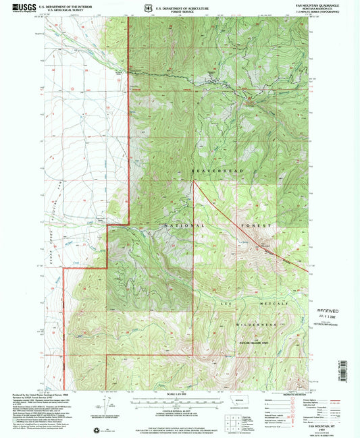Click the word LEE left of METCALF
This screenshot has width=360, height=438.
click(227, 304)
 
